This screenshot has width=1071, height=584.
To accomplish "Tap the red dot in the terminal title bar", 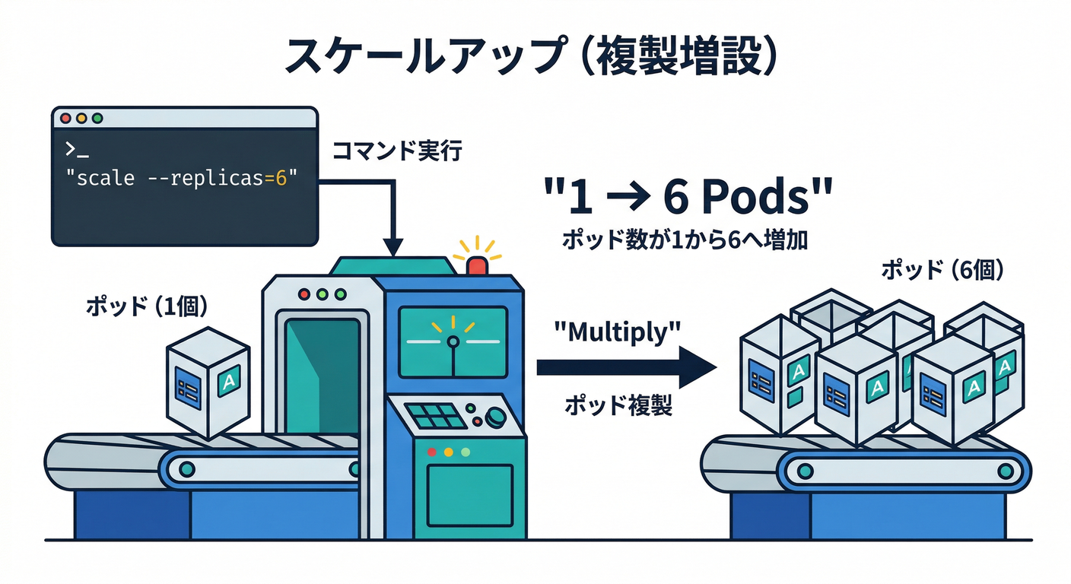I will click(65, 119).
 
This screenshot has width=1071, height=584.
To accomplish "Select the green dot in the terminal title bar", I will click(97, 119).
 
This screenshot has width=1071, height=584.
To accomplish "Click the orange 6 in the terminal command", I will click(282, 179).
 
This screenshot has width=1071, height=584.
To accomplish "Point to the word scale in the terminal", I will click(106, 179).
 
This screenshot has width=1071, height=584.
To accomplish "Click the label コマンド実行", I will click(397, 151).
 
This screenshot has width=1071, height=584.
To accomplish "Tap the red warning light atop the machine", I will click(478, 265).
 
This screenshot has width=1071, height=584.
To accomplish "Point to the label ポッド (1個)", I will click(147, 306).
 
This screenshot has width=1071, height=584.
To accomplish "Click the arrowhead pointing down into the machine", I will click(392, 246).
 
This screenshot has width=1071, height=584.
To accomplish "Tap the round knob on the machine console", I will click(496, 416).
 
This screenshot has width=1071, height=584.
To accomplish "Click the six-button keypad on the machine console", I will click(435, 417).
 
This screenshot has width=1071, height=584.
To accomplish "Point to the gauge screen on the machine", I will click(453, 341).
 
